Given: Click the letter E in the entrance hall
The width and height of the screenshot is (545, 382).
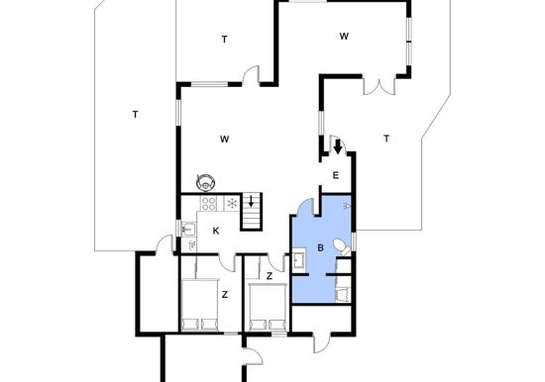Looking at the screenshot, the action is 335,175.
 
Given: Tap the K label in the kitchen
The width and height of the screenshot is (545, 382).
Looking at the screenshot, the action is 216,231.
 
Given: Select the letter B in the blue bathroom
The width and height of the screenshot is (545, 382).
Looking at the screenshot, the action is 320,248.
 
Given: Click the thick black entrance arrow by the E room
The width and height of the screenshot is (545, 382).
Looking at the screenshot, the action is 338,146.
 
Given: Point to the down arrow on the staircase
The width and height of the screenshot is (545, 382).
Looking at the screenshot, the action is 251,201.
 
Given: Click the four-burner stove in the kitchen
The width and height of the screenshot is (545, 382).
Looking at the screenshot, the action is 208,204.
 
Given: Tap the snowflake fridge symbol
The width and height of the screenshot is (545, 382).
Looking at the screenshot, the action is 232,204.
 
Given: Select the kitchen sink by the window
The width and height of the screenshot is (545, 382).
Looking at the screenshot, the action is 188,230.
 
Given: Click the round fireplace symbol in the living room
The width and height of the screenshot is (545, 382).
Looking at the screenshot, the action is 205,182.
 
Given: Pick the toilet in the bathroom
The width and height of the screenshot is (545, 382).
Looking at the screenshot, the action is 343,246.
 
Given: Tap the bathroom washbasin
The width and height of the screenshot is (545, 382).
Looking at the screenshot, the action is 299,259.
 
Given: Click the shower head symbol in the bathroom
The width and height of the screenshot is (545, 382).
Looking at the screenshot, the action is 346,206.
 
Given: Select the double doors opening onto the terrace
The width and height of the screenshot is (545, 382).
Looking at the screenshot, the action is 380,87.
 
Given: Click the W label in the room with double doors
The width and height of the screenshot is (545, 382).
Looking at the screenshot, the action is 344,36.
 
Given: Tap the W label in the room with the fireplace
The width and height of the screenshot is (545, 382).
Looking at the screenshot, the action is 225,140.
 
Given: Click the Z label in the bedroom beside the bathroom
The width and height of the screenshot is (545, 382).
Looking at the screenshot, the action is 270,276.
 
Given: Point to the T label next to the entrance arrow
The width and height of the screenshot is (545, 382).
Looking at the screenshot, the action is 386,139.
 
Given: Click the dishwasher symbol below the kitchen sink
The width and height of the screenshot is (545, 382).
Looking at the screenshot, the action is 192,245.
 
